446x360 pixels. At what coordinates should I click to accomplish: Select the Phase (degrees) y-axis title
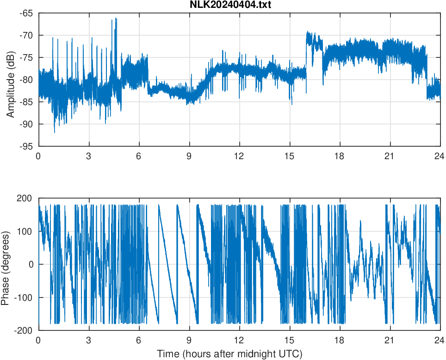click(6, 264)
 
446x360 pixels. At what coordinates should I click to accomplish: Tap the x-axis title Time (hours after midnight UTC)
click(229, 354)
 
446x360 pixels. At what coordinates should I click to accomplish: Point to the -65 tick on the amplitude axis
click(26, 13)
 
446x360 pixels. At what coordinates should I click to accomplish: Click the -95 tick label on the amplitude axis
click(26, 146)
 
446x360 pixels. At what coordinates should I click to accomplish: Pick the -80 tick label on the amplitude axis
click(26, 80)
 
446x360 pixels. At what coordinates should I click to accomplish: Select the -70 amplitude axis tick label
click(26, 35)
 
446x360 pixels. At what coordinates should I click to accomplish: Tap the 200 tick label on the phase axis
click(25, 198)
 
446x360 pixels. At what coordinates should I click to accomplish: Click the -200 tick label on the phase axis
click(24, 330)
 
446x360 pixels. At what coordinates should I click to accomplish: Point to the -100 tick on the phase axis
click(24, 298)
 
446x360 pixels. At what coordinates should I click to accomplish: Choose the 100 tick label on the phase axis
click(25, 231)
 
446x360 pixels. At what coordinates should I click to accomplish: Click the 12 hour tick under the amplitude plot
click(239, 156)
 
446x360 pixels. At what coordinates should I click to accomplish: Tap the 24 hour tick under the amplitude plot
click(440, 156)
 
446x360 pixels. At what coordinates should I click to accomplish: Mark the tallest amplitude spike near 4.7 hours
click(116, 19)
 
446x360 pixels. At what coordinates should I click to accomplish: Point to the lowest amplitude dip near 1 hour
click(55, 132)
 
